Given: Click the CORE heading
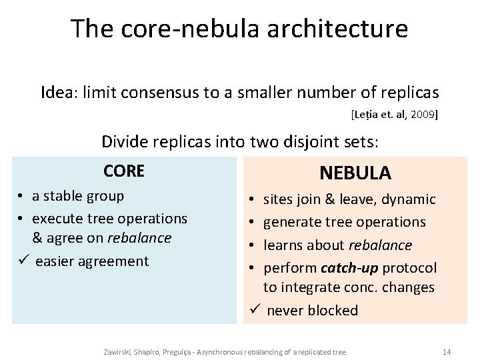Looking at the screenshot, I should (124, 171).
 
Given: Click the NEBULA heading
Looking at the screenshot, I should (355, 173).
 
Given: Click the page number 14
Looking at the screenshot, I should (447, 351).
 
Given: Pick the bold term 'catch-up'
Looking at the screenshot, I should (346, 268).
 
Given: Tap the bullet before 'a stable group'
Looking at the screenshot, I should (22, 196).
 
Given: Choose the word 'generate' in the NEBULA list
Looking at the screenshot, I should (291, 222).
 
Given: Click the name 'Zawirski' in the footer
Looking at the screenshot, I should (117, 351).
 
